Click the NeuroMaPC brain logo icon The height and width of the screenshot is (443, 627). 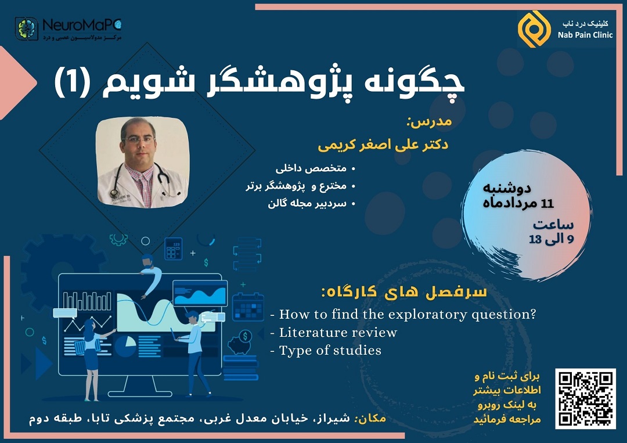pyautogui.click(x=26, y=29)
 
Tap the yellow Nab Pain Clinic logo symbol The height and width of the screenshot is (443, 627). pyautogui.click(x=534, y=29)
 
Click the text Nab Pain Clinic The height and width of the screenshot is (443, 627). pyautogui.click(x=585, y=35)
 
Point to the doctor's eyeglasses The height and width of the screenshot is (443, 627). pyautogui.click(x=138, y=140)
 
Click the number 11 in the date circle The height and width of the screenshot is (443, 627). pyautogui.click(x=547, y=204)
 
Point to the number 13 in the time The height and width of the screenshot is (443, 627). pyautogui.click(x=535, y=239)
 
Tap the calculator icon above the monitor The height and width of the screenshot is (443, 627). pyautogui.click(x=173, y=248)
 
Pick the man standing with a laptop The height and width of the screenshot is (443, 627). pyautogui.click(x=195, y=354)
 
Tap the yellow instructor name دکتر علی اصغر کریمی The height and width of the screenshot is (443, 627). pyautogui.click(x=383, y=145)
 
